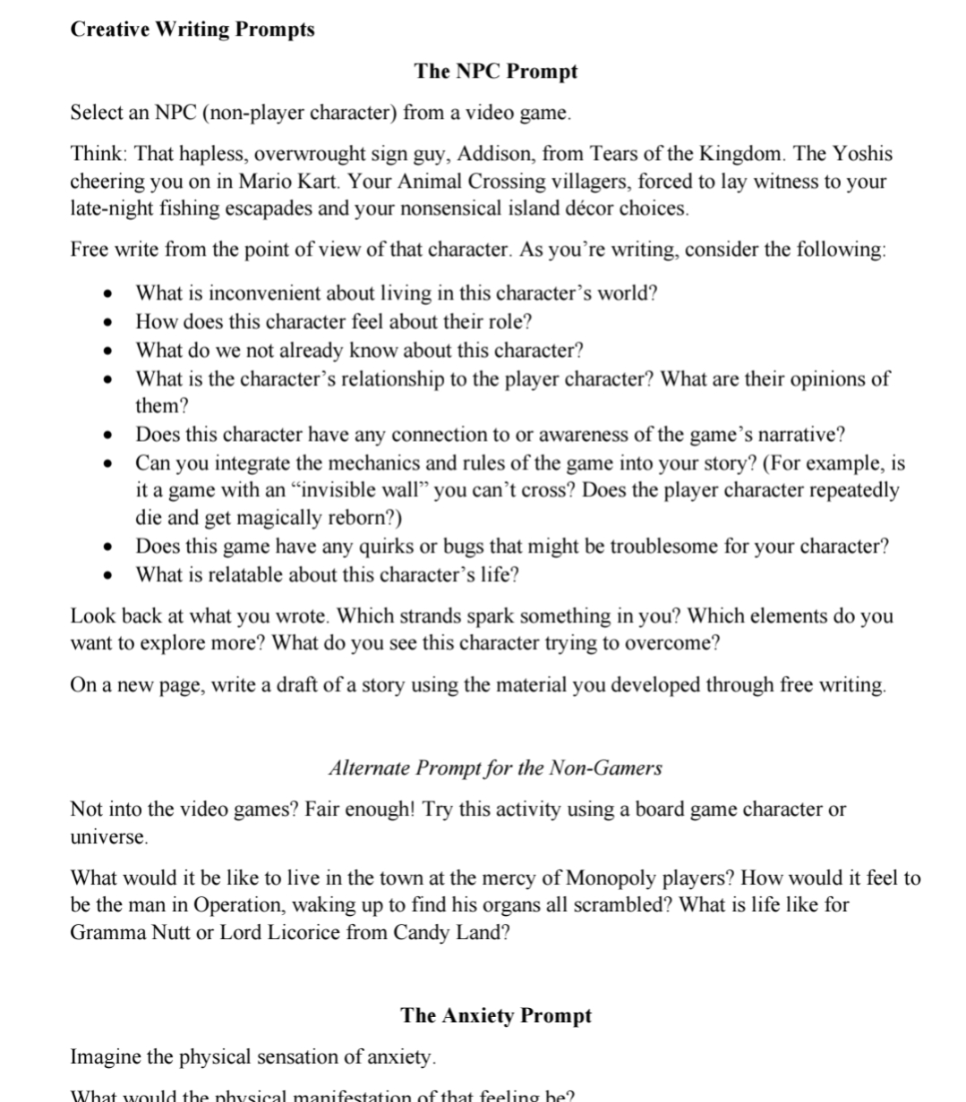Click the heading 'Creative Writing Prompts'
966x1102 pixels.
coord(192,30)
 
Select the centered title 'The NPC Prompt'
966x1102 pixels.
coord(495,72)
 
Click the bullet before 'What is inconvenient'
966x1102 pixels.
coord(108,293)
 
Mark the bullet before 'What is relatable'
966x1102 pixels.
coord(108,575)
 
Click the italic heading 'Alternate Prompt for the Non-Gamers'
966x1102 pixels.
coord(495,768)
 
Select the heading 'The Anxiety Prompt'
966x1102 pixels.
coord(496,1016)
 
